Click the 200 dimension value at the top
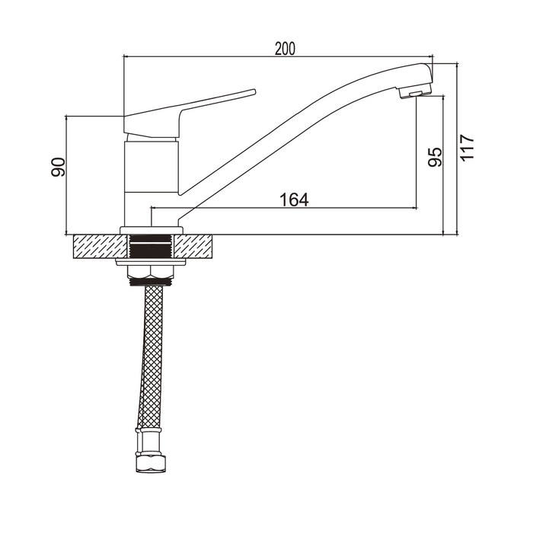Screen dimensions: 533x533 (285, 49)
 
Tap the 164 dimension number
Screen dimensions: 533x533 (294, 199)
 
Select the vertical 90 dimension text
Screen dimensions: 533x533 (58, 167)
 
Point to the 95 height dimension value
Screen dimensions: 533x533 (435, 157)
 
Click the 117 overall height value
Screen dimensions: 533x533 (467, 148)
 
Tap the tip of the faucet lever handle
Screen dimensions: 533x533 (254, 91)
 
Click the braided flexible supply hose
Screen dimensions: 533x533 (150, 357)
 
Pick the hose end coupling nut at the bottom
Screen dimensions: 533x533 (152, 463)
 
